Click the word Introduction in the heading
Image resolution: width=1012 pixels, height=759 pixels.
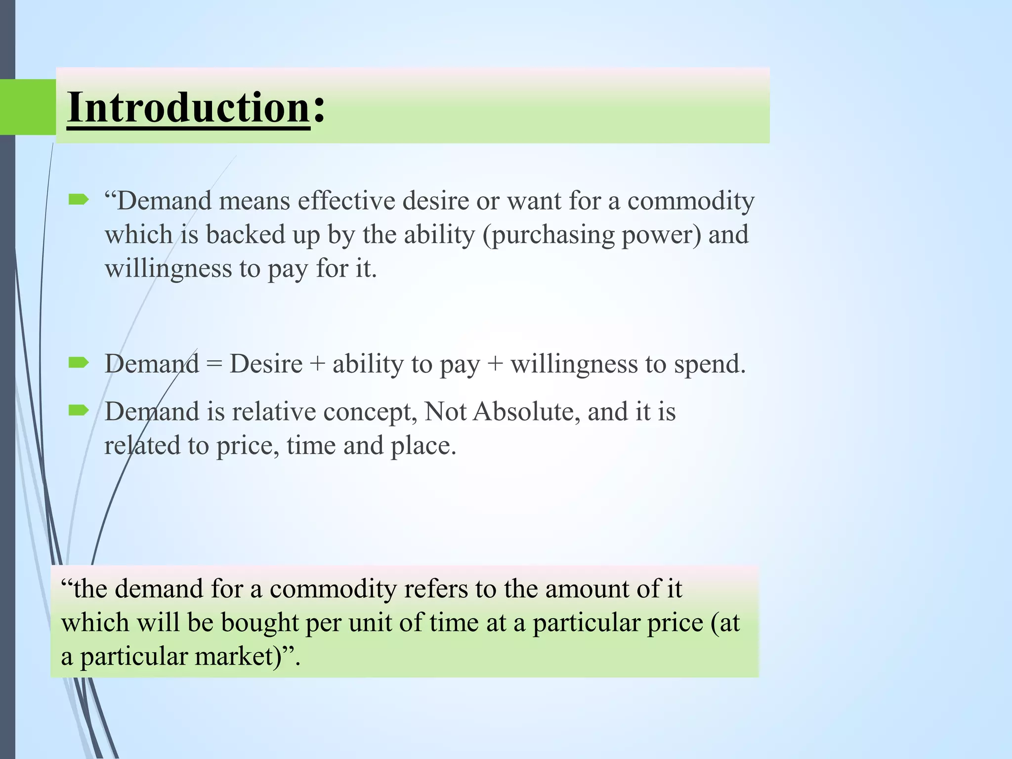coord(188,108)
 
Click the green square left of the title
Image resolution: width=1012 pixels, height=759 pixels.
coord(28,107)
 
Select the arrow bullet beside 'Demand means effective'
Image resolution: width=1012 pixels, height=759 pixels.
coord(79,200)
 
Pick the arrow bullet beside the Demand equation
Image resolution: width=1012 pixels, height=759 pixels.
coord(79,363)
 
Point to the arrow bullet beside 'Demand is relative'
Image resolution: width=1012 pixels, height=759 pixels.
coord(79,410)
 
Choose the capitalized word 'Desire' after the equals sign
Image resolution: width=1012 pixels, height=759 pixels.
coord(266,364)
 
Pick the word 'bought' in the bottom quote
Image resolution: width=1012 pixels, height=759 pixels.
coord(260,623)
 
